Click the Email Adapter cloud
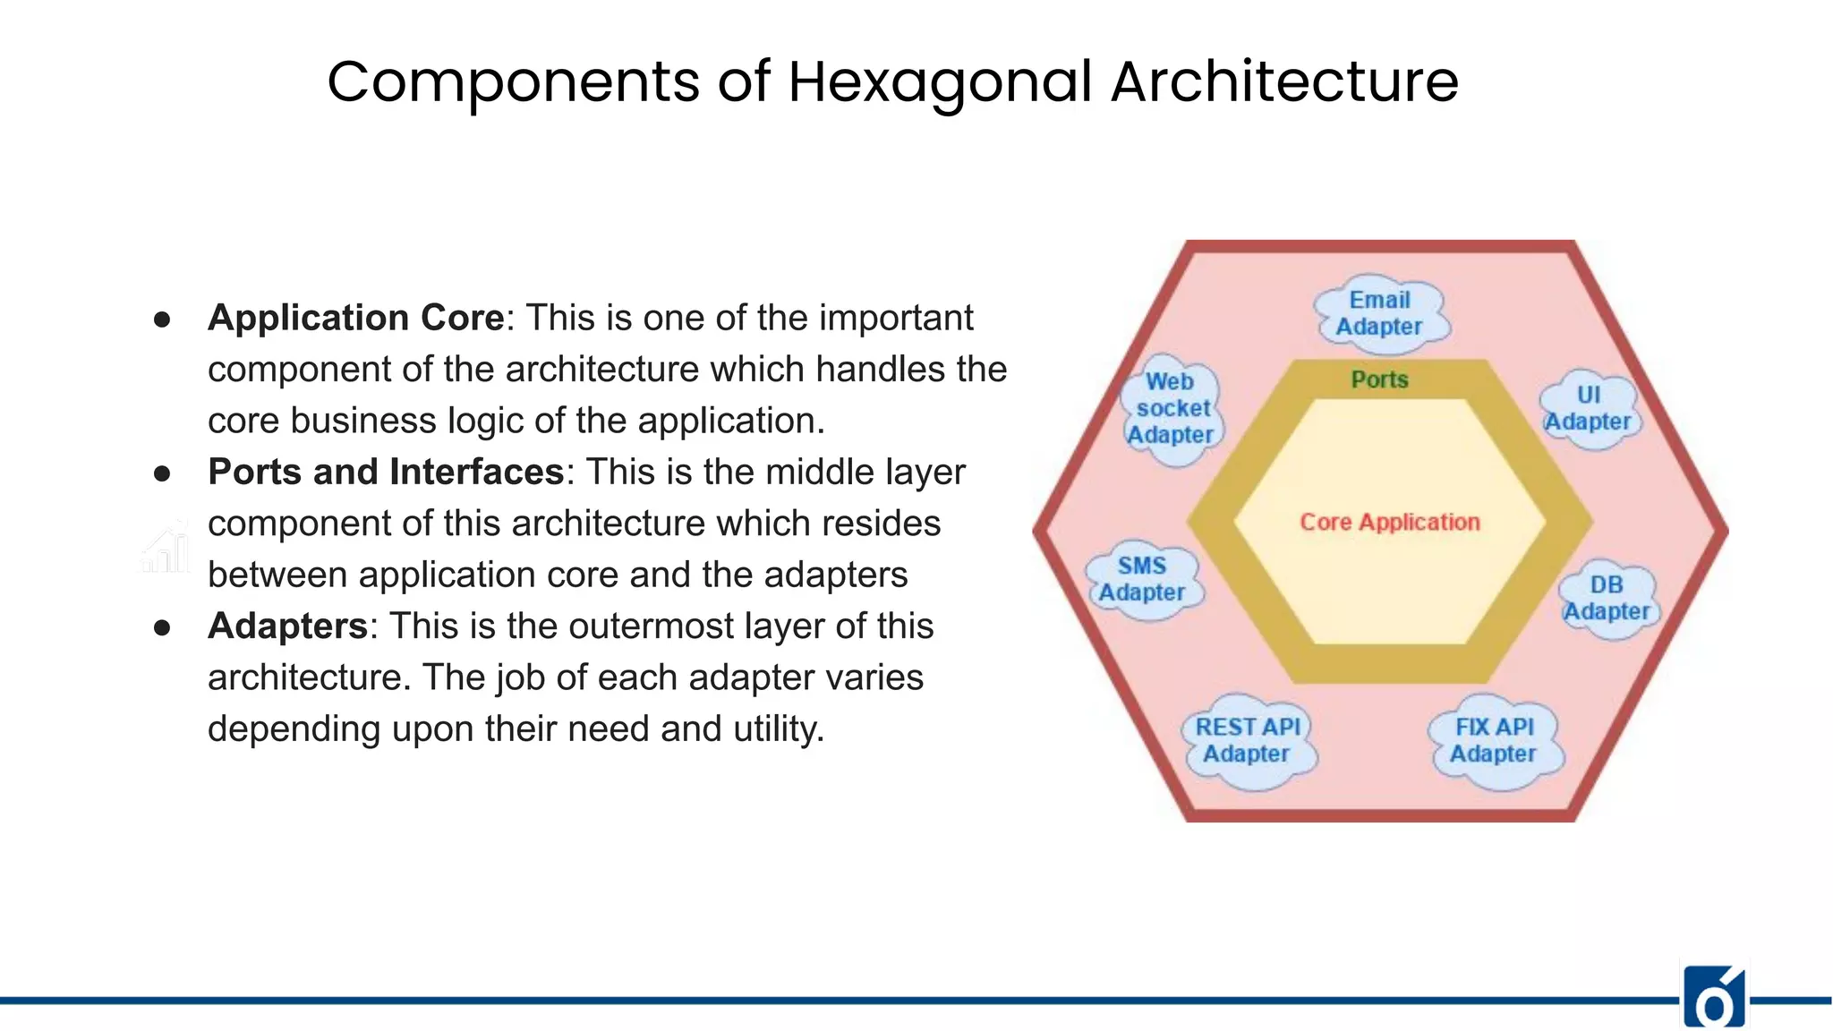1379,313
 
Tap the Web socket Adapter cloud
1171,408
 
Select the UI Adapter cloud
1589,409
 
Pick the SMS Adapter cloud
1142,579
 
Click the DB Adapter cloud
1607,598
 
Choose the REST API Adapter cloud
1247,740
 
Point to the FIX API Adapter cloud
1494,740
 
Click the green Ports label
1379,379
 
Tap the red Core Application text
1389,522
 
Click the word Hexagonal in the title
940,82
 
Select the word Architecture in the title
1284,82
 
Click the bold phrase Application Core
356,318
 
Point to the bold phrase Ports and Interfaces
386,472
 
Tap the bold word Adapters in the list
287,626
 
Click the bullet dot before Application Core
162,320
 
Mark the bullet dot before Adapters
162,627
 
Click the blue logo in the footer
1713,998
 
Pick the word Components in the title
513,82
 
